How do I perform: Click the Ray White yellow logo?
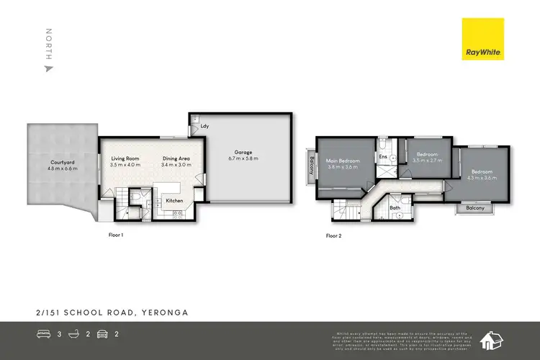click(482, 40)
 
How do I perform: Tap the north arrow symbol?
click(48, 68)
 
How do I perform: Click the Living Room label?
click(125, 159)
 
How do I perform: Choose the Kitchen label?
click(174, 200)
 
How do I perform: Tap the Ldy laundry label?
click(205, 127)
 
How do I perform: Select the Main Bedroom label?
click(342, 161)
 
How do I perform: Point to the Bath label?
click(395, 208)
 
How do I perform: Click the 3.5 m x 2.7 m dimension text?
click(428, 161)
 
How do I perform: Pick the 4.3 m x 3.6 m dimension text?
click(482, 178)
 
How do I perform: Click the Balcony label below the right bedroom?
click(474, 209)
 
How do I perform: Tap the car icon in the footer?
click(104, 334)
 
